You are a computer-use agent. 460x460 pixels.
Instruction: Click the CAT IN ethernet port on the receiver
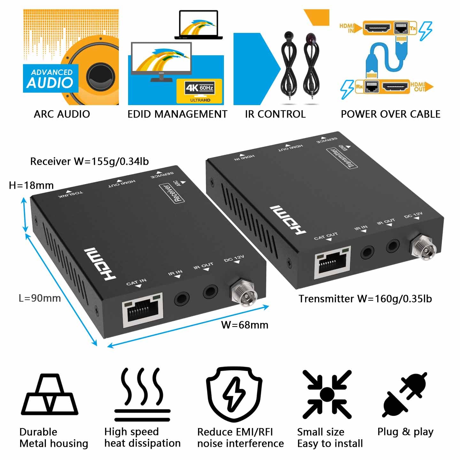click(143, 310)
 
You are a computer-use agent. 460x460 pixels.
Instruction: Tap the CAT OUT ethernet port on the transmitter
click(333, 262)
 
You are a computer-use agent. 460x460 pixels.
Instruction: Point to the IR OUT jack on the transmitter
click(393, 246)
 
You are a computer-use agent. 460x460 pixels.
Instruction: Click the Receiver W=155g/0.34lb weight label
click(89, 161)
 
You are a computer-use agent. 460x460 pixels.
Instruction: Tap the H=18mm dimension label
click(31, 185)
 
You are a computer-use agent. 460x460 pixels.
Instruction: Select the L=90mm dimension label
click(40, 298)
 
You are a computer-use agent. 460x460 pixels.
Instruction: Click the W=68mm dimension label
click(245, 325)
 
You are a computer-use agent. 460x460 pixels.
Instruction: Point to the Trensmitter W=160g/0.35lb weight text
click(365, 299)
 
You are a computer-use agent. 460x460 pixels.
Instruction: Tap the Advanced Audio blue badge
click(50, 79)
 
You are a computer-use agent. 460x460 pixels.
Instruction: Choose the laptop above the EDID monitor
click(198, 25)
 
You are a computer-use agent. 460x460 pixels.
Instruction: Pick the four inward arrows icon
click(327, 395)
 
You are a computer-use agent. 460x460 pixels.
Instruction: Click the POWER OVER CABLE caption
click(390, 114)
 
